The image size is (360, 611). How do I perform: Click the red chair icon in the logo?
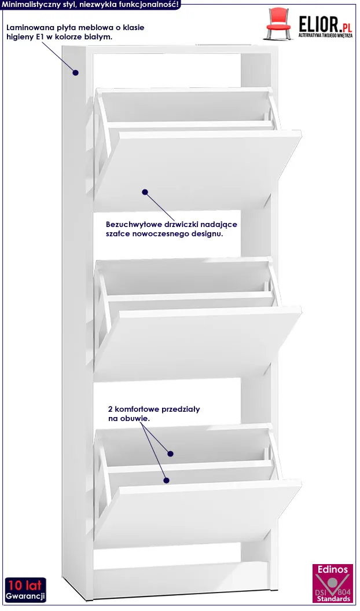tap(279, 24)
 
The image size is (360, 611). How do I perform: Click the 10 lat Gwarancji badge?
tap(25, 590)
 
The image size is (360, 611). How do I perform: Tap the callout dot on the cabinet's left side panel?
tap(76, 72)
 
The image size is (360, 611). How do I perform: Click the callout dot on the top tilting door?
tap(145, 192)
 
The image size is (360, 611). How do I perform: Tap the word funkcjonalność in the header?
tap(150, 4)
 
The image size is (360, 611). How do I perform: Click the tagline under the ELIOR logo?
tap(325, 35)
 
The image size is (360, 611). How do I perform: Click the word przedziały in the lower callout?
tap(181, 409)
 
